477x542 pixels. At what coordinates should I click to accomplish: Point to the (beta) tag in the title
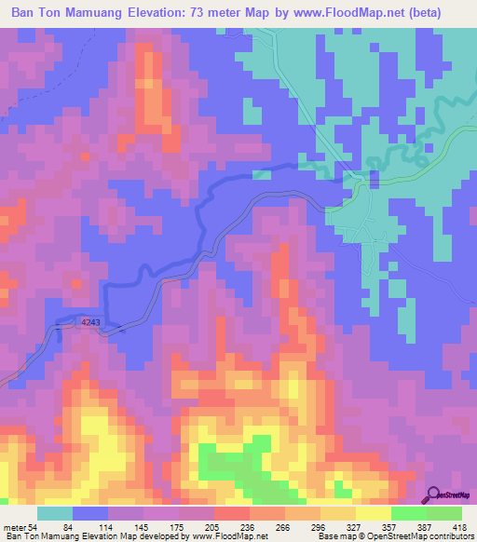point(443,14)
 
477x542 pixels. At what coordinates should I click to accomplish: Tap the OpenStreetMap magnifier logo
point(434,495)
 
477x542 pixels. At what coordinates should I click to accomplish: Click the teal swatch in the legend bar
point(55,514)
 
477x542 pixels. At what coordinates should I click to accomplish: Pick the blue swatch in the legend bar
point(90,514)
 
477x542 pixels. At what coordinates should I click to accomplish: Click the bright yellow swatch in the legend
point(373,514)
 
